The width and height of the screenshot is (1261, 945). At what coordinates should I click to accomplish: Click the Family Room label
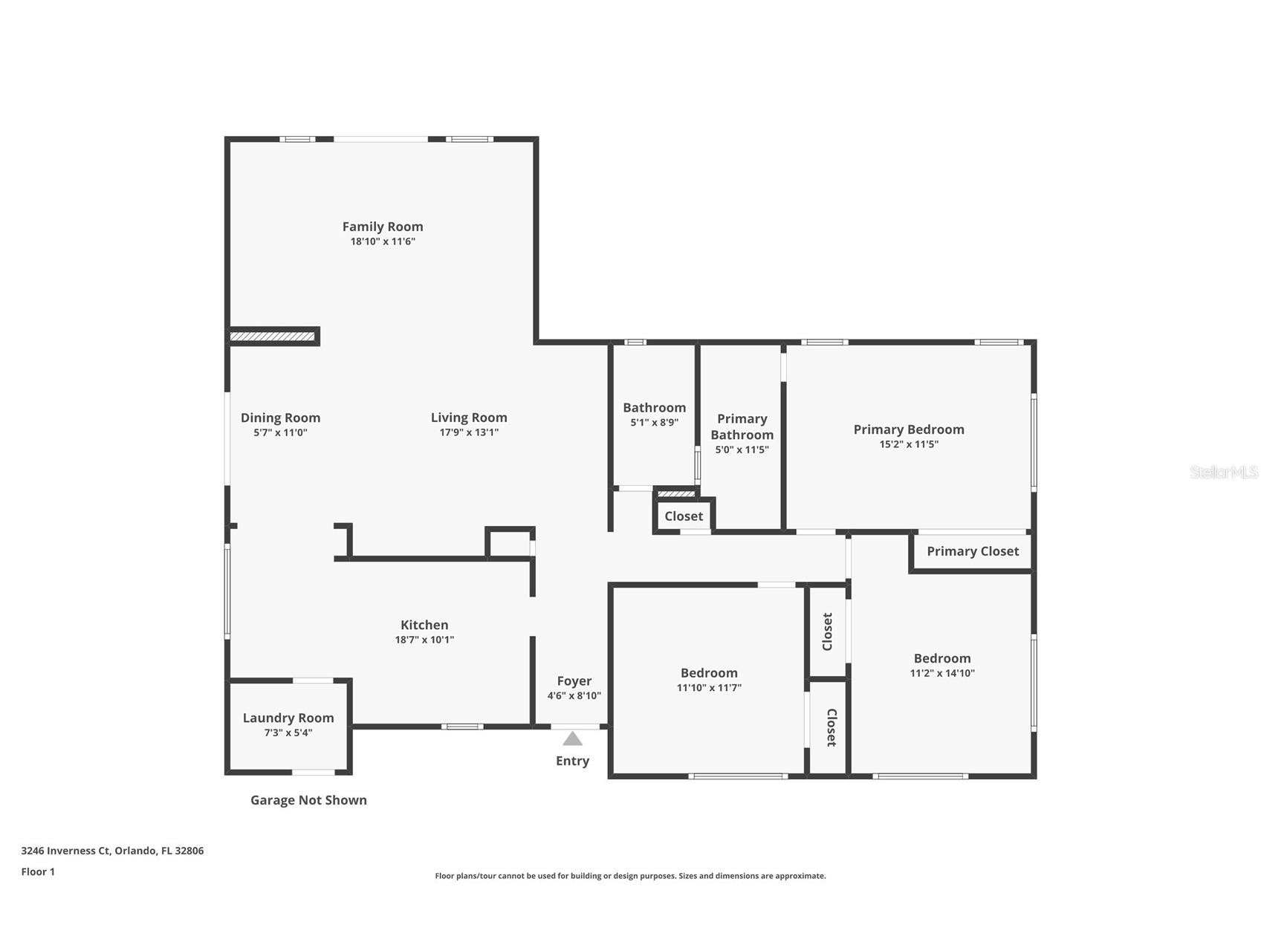[382, 227]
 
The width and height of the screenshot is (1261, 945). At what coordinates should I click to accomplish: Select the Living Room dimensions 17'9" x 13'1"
[468, 432]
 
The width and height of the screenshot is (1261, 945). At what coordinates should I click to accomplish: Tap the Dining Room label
[280, 418]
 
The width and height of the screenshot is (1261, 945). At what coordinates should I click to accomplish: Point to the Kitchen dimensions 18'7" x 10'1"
[424, 640]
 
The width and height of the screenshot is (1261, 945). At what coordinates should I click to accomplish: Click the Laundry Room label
[288, 718]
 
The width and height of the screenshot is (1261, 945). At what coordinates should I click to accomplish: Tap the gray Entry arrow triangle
[572, 738]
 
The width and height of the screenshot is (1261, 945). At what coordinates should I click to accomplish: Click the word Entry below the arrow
[572, 761]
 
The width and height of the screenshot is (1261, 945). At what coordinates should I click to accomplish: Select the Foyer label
[574, 681]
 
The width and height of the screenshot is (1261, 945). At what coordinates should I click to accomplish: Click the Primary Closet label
[972, 551]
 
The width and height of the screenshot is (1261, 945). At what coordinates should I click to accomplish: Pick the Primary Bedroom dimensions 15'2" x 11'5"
[908, 444]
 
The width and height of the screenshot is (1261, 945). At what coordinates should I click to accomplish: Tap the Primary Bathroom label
[742, 426]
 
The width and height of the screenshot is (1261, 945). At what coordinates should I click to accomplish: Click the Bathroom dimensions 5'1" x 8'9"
[654, 423]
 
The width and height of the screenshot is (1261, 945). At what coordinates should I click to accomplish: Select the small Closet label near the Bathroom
[683, 516]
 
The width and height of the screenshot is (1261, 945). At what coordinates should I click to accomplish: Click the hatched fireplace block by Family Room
[272, 337]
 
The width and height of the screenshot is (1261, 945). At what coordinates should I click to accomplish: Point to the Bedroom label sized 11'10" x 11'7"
[709, 673]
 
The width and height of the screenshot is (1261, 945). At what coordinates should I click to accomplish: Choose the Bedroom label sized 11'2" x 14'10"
[941, 658]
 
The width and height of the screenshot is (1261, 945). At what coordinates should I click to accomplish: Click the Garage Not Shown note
[308, 800]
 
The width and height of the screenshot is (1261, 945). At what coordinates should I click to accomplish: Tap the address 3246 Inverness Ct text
[112, 851]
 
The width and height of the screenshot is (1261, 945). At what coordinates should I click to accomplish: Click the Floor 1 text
[38, 871]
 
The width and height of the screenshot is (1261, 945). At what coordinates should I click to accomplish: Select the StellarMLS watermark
[1223, 472]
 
